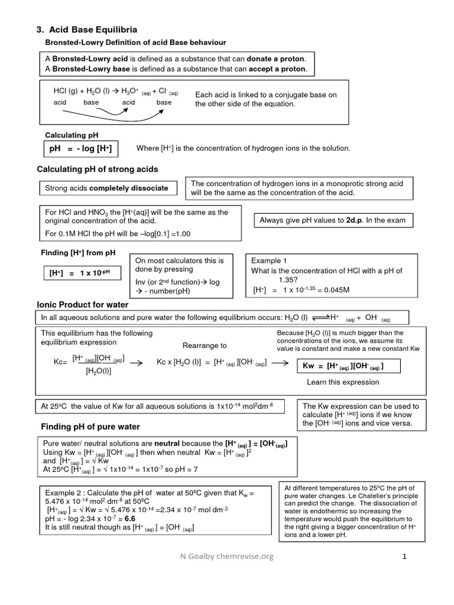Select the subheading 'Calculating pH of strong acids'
tap(98, 170)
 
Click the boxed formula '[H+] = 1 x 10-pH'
tap(80, 273)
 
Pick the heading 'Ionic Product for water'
tap(83, 305)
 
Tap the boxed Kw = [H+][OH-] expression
tap(343, 366)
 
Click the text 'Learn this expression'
tap(343, 382)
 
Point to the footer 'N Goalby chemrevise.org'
tap(227, 556)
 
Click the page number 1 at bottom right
tap(405, 556)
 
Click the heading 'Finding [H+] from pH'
tap(77, 253)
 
